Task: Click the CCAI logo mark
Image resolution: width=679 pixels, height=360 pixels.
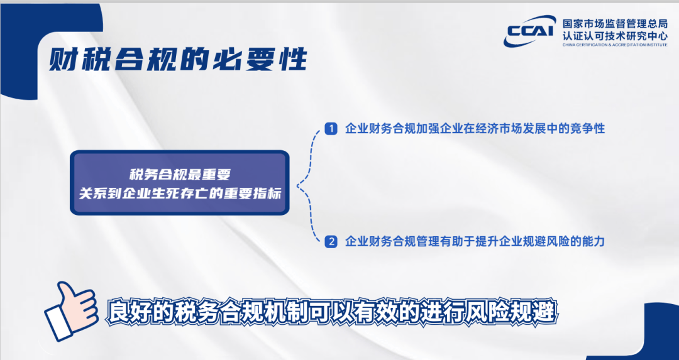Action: point(529,31)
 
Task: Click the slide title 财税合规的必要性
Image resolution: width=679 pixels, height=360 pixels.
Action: point(178,59)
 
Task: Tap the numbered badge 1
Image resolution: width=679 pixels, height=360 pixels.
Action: point(331,129)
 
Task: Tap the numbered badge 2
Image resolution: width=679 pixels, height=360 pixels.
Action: point(331,241)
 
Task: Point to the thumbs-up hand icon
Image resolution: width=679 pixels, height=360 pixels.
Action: point(70,310)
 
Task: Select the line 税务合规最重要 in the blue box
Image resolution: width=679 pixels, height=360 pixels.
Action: point(180,175)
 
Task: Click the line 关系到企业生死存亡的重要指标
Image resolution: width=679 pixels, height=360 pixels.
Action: point(180,193)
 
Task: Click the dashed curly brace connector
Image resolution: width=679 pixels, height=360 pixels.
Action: point(309,185)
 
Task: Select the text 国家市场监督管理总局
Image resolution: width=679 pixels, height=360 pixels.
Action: point(615,24)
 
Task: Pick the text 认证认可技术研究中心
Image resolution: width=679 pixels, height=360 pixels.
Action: point(615,36)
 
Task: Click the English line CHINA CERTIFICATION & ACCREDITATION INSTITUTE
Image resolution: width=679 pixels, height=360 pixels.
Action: point(615,45)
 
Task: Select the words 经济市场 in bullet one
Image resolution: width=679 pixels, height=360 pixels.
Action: point(499,129)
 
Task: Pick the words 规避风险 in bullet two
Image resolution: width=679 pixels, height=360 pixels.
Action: point(546,241)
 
